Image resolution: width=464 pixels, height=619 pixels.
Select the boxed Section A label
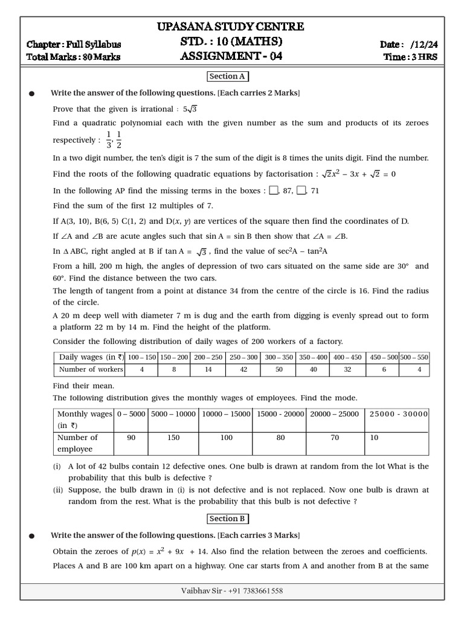[228, 76]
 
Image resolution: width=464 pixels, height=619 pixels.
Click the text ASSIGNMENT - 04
[231, 57]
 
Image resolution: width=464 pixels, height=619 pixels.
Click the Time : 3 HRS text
[410, 57]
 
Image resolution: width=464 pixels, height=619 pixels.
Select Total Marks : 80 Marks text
[73, 57]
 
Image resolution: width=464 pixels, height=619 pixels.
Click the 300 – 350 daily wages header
[279, 357]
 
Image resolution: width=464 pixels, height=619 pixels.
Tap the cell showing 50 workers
[279, 369]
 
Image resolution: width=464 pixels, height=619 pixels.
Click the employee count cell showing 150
[173, 438]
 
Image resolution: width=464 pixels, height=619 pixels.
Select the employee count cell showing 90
[131, 438]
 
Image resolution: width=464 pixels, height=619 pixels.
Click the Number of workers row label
[90, 369]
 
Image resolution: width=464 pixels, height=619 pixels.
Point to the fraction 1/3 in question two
[109, 139]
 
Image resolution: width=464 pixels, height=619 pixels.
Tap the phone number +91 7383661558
[254, 591]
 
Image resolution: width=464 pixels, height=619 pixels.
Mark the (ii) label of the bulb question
[58, 490]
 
